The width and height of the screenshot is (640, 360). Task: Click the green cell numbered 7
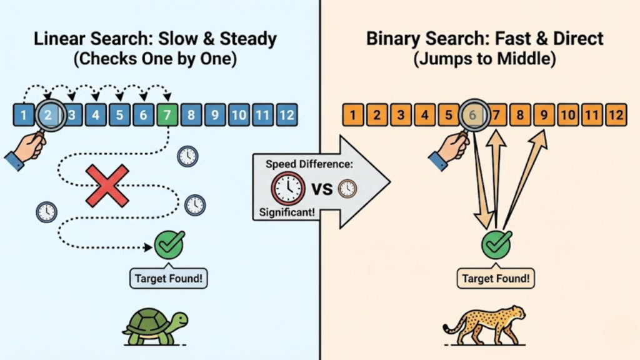(167, 115)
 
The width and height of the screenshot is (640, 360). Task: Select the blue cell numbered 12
(286, 115)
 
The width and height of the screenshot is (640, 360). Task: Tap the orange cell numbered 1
(354, 115)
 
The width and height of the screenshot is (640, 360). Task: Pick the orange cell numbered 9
(544, 115)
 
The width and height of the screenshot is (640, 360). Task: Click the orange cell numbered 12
(616, 115)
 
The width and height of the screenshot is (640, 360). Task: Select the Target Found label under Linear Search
(169, 278)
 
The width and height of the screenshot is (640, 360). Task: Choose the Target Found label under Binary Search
(496, 278)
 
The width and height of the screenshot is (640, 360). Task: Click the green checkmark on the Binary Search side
(497, 244)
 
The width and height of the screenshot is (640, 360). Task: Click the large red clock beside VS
(287, 187)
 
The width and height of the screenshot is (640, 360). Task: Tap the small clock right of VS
(347, 188)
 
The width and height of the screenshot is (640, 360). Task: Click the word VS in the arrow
(321, 188)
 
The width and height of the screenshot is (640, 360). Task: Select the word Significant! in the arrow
(287, 213)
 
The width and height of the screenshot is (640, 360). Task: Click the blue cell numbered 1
(24, 115)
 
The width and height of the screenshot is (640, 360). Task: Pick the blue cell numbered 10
(238, 115)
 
